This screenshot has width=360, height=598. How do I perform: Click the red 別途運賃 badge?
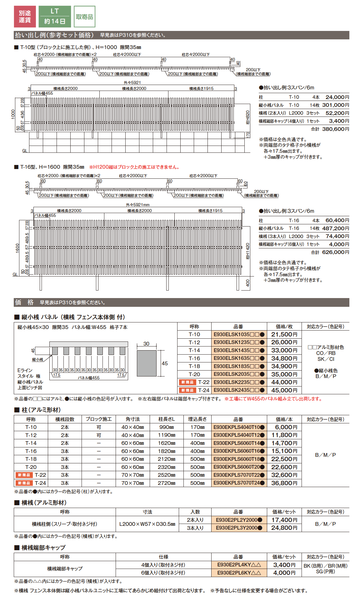tap(25, 17)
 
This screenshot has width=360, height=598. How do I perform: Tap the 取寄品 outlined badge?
tap(84, 17)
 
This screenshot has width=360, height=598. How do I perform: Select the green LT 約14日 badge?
tap(55, 17)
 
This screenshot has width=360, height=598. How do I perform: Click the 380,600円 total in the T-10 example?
tap(335, 129)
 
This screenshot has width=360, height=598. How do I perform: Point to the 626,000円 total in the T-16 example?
tap(335, 252)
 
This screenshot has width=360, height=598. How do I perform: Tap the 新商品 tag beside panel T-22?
tap(187, 382)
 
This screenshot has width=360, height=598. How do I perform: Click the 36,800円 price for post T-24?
tap(284, 483)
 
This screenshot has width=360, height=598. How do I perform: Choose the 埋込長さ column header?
tap(197, 419)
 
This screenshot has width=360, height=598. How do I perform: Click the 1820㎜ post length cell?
tap(167, 451)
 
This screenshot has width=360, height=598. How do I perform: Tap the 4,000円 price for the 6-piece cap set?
tap(284, 573)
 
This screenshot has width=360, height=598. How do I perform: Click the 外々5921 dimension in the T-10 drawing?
tap(132, 82)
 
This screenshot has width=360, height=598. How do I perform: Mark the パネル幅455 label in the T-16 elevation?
tap(45, 215)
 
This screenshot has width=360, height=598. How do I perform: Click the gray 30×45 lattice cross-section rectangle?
tap(147, 363)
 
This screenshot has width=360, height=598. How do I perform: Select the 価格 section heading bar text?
tap(24, 302)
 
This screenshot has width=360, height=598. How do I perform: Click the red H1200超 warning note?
tap(135, 167)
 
